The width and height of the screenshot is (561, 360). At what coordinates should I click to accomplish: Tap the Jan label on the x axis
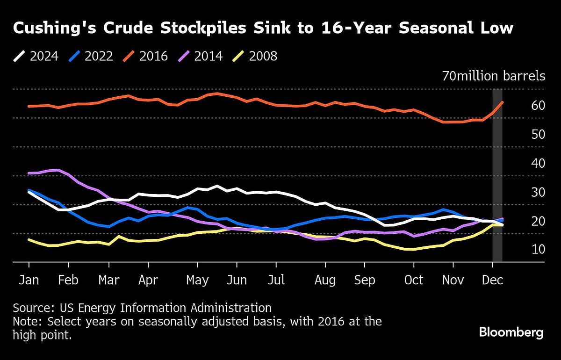tap(29, 280)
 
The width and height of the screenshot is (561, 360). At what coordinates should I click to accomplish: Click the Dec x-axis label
tap(492, 280)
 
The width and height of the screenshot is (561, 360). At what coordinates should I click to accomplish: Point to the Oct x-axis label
tap(414, 280)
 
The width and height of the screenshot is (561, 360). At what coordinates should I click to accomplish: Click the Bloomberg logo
tap(511, 333)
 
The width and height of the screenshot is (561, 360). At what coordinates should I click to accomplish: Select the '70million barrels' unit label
tap(494, 76)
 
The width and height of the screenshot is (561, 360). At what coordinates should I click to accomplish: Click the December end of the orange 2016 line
tap(502, 102)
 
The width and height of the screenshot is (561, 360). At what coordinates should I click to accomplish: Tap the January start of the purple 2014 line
tap(29, 173)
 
